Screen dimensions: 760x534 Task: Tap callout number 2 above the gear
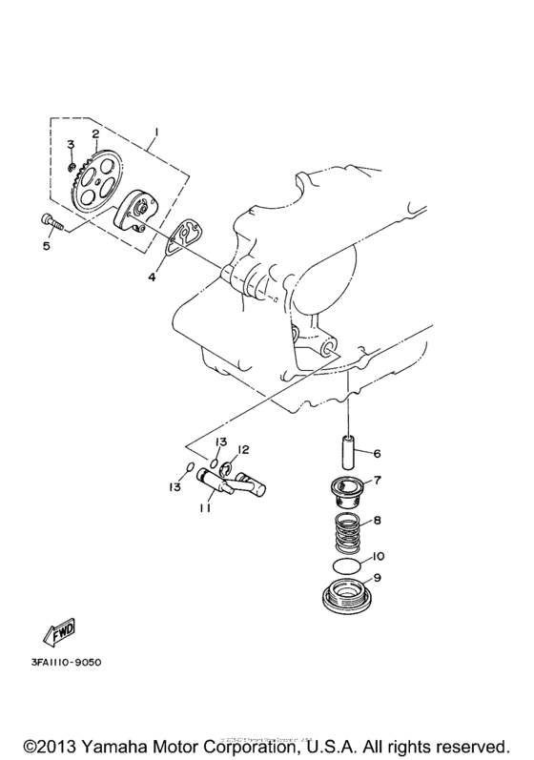point(95,134)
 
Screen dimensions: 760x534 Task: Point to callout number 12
point(243,449)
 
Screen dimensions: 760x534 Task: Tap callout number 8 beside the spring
point(378,522)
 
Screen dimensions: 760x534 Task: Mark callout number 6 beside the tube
point(378,453)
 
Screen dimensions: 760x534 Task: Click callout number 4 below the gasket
point(151,277)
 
